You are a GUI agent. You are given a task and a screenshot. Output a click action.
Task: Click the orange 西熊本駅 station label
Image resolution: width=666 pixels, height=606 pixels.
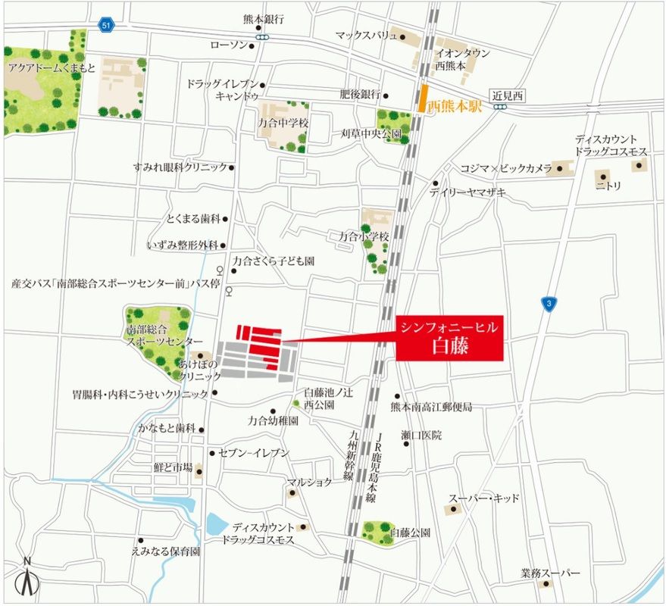pos(455,107)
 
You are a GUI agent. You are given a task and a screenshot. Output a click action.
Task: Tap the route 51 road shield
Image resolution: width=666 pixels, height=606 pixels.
pos(105,26)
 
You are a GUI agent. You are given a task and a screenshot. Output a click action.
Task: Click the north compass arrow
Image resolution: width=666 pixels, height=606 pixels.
pos(28,579)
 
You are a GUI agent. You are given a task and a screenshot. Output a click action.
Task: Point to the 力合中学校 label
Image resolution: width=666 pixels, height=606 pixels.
pos(283,121)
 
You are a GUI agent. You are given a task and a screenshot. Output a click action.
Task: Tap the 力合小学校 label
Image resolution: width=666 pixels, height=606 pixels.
pos(364,237)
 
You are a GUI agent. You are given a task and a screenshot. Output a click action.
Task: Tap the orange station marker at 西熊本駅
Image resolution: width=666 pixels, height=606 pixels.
pos(421,99)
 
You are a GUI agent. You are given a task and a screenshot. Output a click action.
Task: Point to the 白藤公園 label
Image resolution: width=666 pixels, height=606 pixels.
pos(410,533)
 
